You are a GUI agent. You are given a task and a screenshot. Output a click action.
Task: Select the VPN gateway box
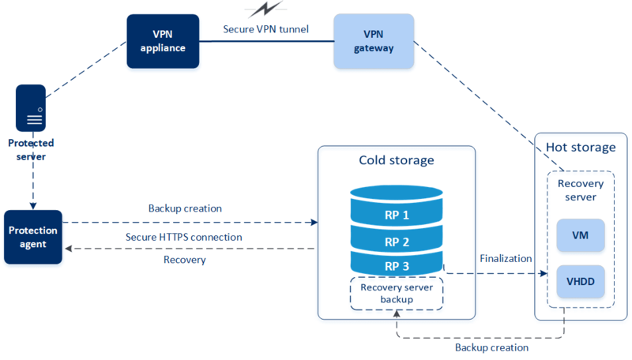tap(373, 41)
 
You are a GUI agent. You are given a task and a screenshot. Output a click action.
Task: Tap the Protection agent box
tap(34, 236)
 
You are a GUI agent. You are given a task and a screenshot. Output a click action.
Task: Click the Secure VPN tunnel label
tap(265, 30)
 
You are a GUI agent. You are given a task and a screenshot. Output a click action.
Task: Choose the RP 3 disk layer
tap(397, 267)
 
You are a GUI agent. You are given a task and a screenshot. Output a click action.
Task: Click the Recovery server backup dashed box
tap(397, 293)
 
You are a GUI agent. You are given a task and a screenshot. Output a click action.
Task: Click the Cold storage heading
tap(397, 161)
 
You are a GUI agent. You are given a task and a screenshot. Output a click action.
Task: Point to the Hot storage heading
tap(581, 147)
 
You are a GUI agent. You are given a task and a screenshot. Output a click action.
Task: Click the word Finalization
tap(505, 259)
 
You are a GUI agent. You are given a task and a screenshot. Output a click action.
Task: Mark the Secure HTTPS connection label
tap(184, 237)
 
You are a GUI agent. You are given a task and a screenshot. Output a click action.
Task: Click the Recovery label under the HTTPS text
tap(184, 259)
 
